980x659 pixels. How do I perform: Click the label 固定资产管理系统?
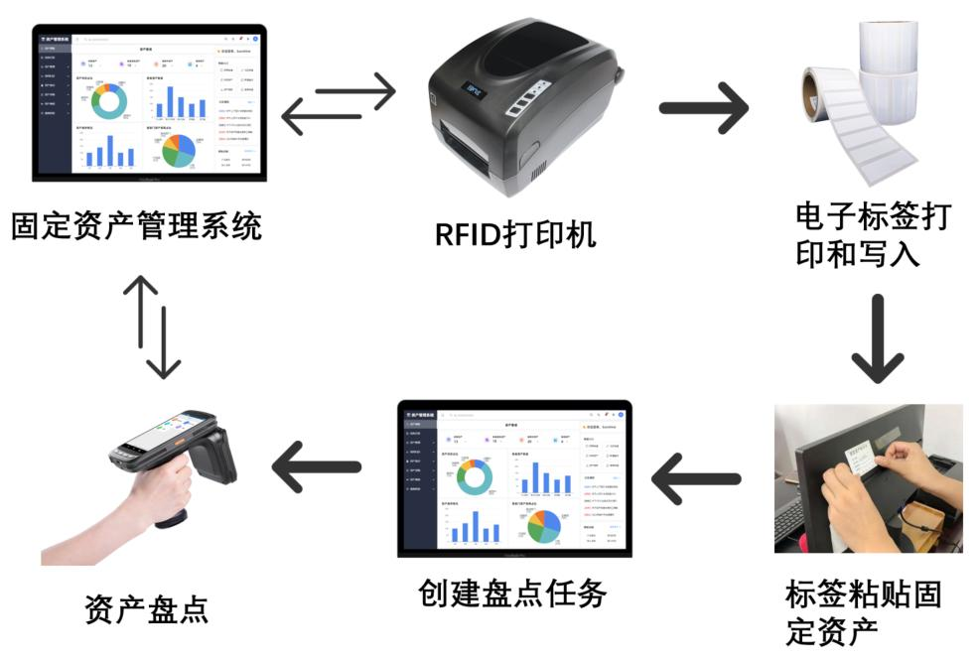point(137,226)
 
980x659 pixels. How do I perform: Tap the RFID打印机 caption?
point(516,234)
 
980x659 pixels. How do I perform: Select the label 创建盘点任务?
point(512,593)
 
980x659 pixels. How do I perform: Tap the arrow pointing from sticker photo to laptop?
point(696,479)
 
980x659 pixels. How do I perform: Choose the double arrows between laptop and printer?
point(339,105)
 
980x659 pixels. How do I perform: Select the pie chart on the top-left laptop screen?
point(177,149)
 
